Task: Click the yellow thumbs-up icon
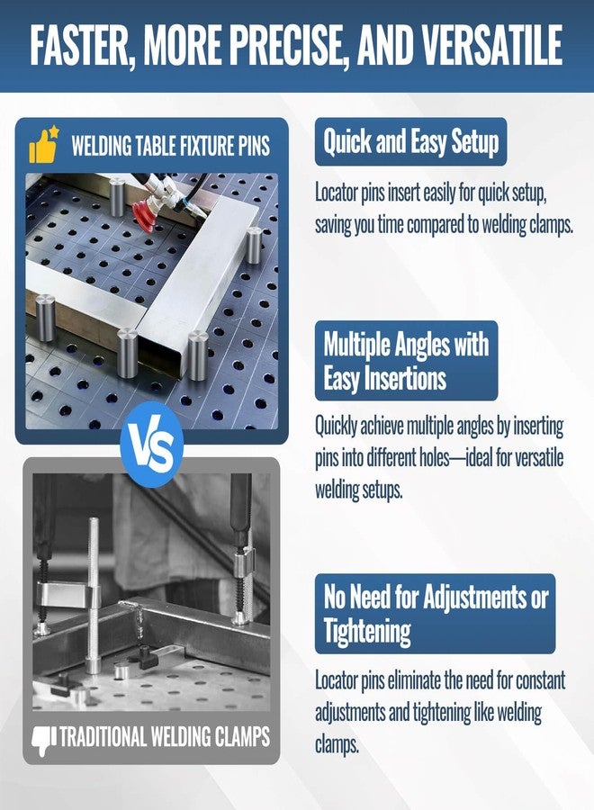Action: point(43,145)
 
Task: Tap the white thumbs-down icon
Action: point(44,740)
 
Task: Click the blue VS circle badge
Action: point(151,445)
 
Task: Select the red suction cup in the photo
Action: point(146,215)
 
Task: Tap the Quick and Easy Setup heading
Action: point(410,141)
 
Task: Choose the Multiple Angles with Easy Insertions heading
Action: point(406,361)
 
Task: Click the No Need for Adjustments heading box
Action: point(435,614)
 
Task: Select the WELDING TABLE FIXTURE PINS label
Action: point(170,146)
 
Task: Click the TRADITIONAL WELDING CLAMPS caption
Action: point(165,736)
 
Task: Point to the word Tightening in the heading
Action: point(366,631)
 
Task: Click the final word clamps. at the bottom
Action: point(337,744)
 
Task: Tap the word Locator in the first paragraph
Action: point(337,193)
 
